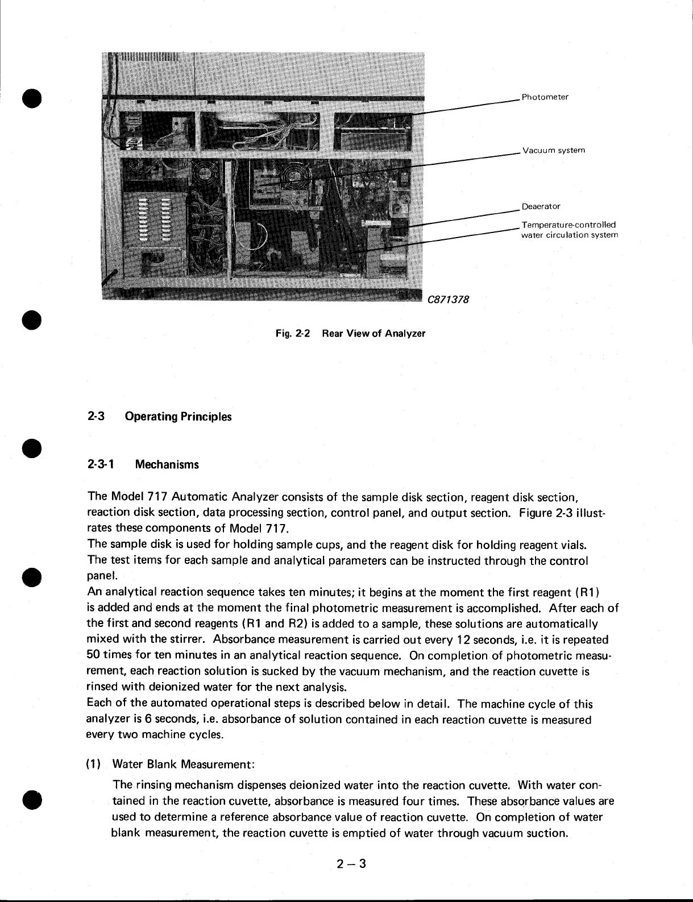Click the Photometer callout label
tap(545, 97)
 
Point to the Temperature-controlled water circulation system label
tap(568, 230)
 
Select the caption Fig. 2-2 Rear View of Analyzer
tap(350, 333)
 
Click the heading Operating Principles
tap(178, 417)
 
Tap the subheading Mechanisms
tap(167, 465)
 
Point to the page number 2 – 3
tap(350, 864)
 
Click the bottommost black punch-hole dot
tap(32, 798)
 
